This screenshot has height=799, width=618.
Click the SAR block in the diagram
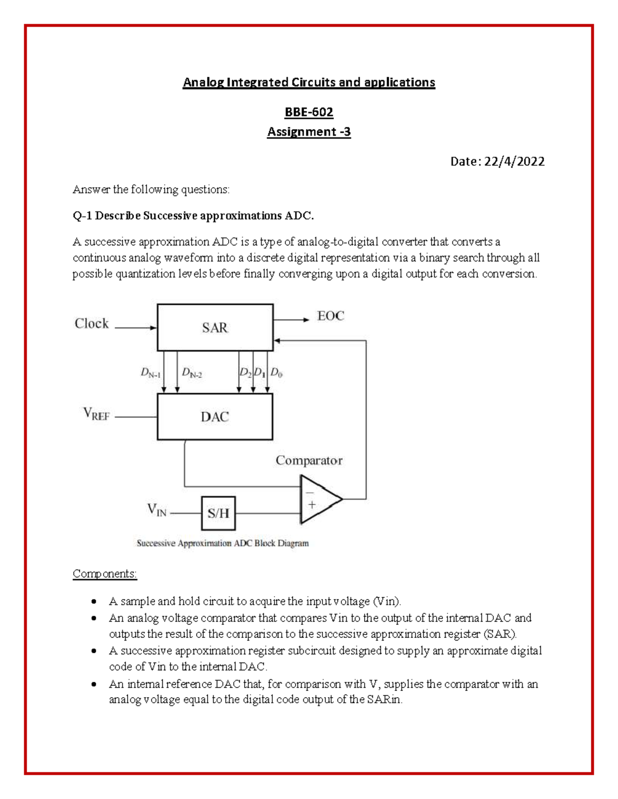tap(215, 328)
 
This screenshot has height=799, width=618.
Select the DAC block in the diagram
tap(215, 417)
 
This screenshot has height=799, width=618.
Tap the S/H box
tap(218, 513)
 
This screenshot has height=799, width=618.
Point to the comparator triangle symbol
tap(319, 499)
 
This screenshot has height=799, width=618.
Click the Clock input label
tap(92, 324)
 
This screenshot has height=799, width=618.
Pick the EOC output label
tap(331, 316)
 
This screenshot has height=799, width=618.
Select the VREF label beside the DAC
tap(96, 414)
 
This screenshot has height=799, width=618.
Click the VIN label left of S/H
tap(157, 510)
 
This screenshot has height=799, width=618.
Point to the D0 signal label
tap(277, 372)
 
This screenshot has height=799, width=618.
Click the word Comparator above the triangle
tap(309, 460)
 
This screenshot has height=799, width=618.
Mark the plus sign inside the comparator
tap(312, 505)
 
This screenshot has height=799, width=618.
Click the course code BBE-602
tap(309, 112)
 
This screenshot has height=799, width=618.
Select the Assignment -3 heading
tap(309, 132)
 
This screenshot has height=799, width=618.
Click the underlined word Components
tap(105, 574)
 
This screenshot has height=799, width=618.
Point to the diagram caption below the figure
tap(222, 543)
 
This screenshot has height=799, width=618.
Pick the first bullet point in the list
tap(93, 601)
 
